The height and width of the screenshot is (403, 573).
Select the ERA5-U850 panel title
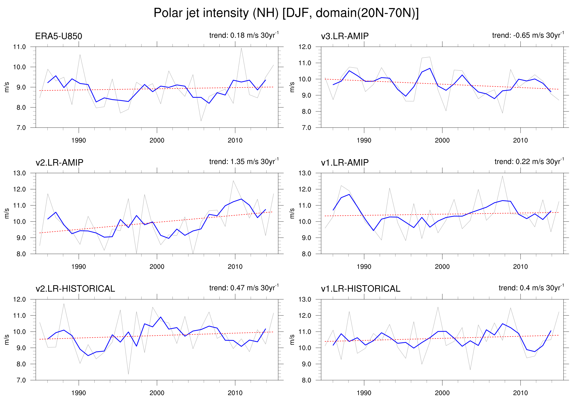click(x=59, y=36)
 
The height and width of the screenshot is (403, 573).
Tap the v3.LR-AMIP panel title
click(x=345, y=36)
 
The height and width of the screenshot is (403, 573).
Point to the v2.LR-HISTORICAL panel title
click(x=75, y=289)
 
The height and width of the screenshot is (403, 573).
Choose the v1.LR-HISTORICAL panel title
click(x=361, y=289)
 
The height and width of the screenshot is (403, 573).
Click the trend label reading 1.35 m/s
click(x=244, y=162)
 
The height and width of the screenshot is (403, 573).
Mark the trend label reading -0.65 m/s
click(x=528, y=35)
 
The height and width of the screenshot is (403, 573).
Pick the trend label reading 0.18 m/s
click(x=244, y=35)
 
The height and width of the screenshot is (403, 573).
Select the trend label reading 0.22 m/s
click(x=529, y=162)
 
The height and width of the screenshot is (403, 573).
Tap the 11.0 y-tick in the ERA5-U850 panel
click(x=20, y=47)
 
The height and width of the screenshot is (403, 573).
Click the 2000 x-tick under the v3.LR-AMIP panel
click(x=442, y=140)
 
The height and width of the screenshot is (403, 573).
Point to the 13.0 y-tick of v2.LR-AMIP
click(x=20, y=173)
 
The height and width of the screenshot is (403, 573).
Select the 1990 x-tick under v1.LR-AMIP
click(x=364, y=267)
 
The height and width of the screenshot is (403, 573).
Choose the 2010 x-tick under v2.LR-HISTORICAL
click(x=235, y=393)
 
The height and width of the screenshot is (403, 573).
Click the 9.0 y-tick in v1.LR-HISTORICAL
click(x=305, y=364)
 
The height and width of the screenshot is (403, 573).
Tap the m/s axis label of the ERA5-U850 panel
click(x=7, y=87)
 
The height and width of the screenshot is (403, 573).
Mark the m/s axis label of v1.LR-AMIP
click(x=292, y=213)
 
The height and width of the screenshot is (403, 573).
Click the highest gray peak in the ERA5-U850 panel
click(x=241, y=48)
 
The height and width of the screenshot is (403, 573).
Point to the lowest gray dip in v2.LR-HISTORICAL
click(x=128, y=374)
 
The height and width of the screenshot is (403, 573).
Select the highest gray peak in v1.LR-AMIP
click(x=502, y=176)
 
